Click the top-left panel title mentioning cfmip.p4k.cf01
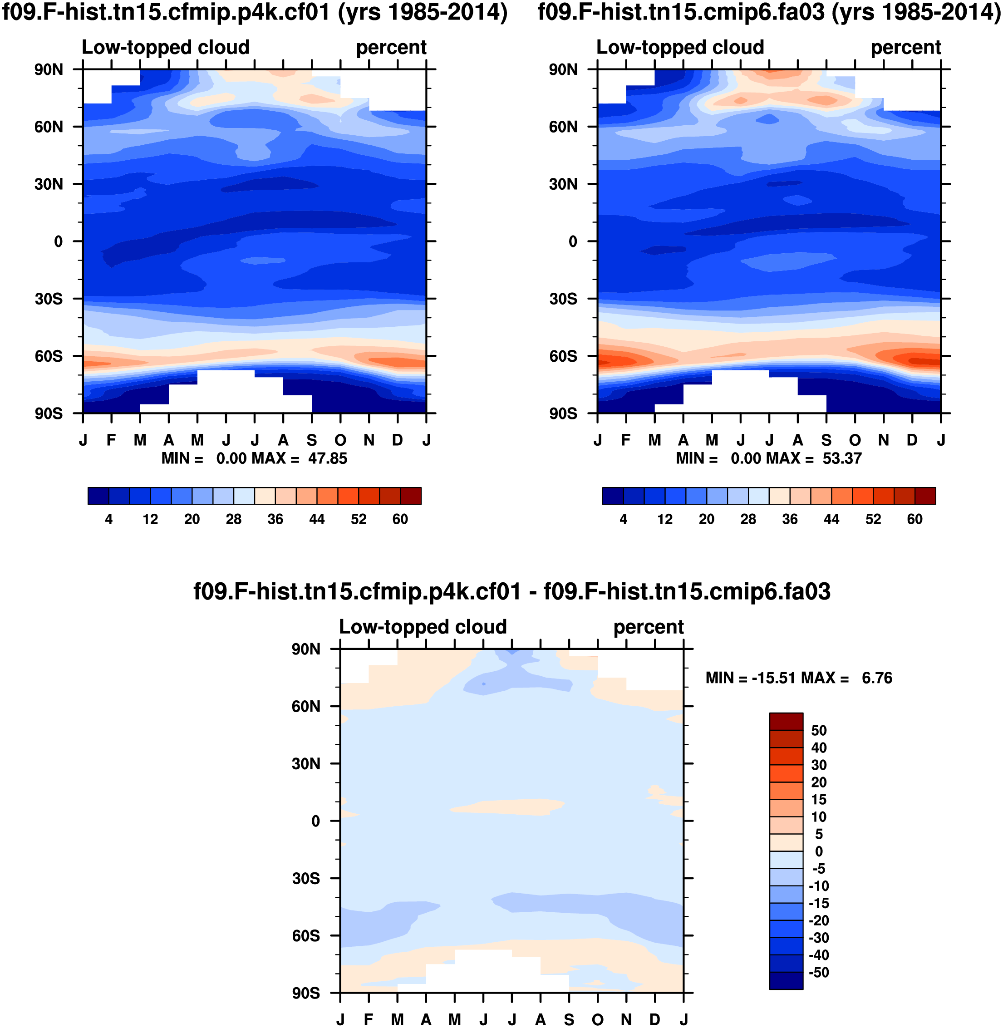click(255, 13)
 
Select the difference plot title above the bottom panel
click(511, 591)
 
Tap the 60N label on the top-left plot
click(49, 127)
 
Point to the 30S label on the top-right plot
click(563, 299)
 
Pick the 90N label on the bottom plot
click(305, 649)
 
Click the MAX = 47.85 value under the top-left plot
click(299, 458)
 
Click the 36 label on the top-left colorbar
click(275, 520)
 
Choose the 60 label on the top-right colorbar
click(914, 520)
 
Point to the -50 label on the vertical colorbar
click(819, 972)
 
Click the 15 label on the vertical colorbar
click(819, 799)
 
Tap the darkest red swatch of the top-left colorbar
click(410, 496)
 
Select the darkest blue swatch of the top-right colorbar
click(613, 496)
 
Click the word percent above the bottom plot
click(648, 627)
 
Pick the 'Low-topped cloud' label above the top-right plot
click(679, 47)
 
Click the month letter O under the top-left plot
click(340, 440)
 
